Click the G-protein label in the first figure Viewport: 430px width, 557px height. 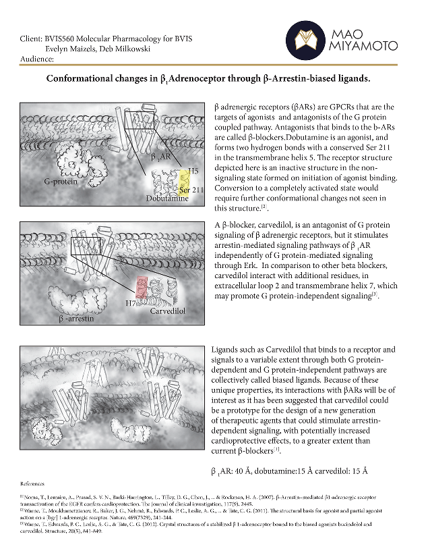pos(59,182)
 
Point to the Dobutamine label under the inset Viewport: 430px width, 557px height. pos(166,198)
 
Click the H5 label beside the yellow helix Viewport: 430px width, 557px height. pos(193,173)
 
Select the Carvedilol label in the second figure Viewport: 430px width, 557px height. pos(167,311)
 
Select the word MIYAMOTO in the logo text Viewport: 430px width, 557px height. pos(367,47)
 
